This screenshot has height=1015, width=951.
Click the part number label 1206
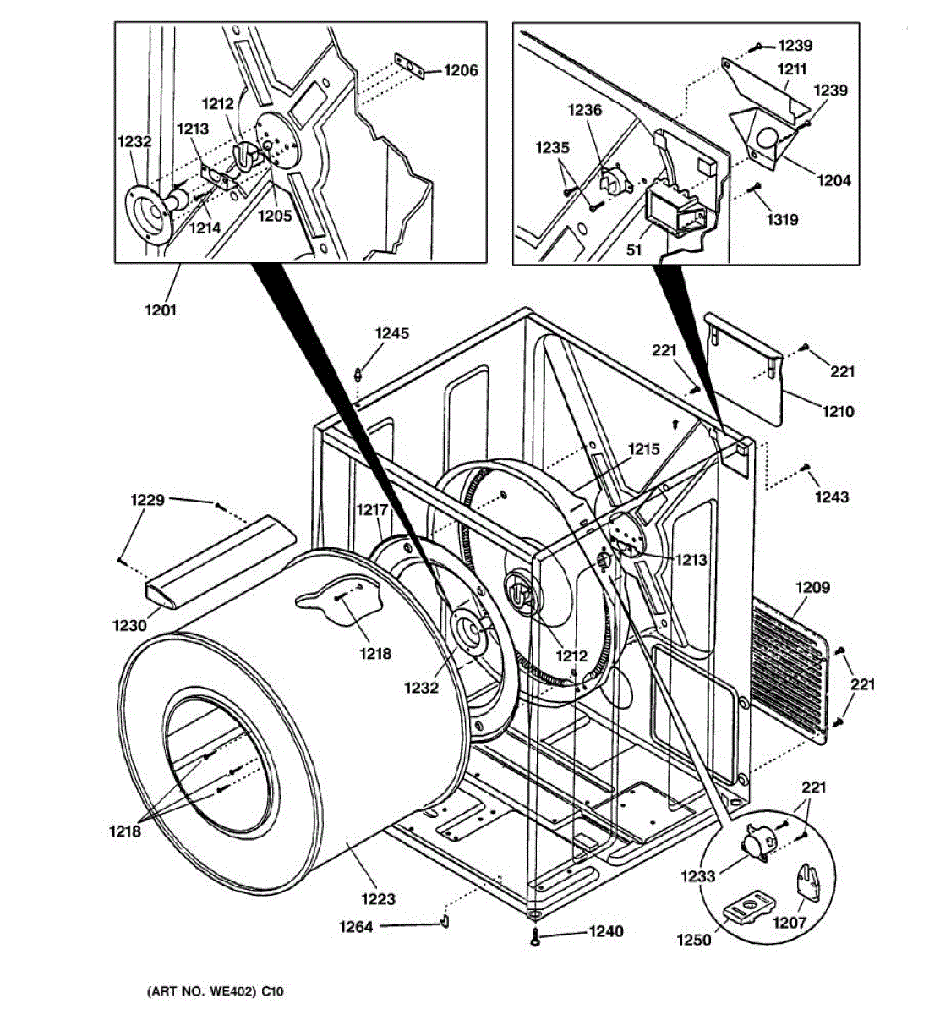[461, 70]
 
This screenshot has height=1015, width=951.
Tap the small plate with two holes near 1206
[409, 66]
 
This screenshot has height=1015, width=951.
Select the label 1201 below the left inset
[161, 310]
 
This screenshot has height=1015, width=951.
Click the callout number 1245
[392, 333]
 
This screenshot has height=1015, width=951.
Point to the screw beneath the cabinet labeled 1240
[535, 936]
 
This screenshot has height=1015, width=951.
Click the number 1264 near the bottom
[357, 926]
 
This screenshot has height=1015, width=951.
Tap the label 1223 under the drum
[379, 898]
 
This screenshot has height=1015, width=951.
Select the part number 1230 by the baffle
[130, 624]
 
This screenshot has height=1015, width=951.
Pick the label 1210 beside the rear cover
[838, 411]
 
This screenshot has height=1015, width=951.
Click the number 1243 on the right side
[832, 497]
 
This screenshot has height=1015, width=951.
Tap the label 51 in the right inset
[634, 250]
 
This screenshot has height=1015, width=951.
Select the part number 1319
[783, 219]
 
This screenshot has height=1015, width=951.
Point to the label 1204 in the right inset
[834, 180]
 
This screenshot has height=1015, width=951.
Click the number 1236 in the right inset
[585, 110]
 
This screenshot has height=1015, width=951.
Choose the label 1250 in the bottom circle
[694, 940]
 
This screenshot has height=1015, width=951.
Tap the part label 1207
[789, 923]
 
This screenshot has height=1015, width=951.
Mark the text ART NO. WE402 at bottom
[201, 991]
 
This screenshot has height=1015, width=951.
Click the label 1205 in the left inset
[275, 215]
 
